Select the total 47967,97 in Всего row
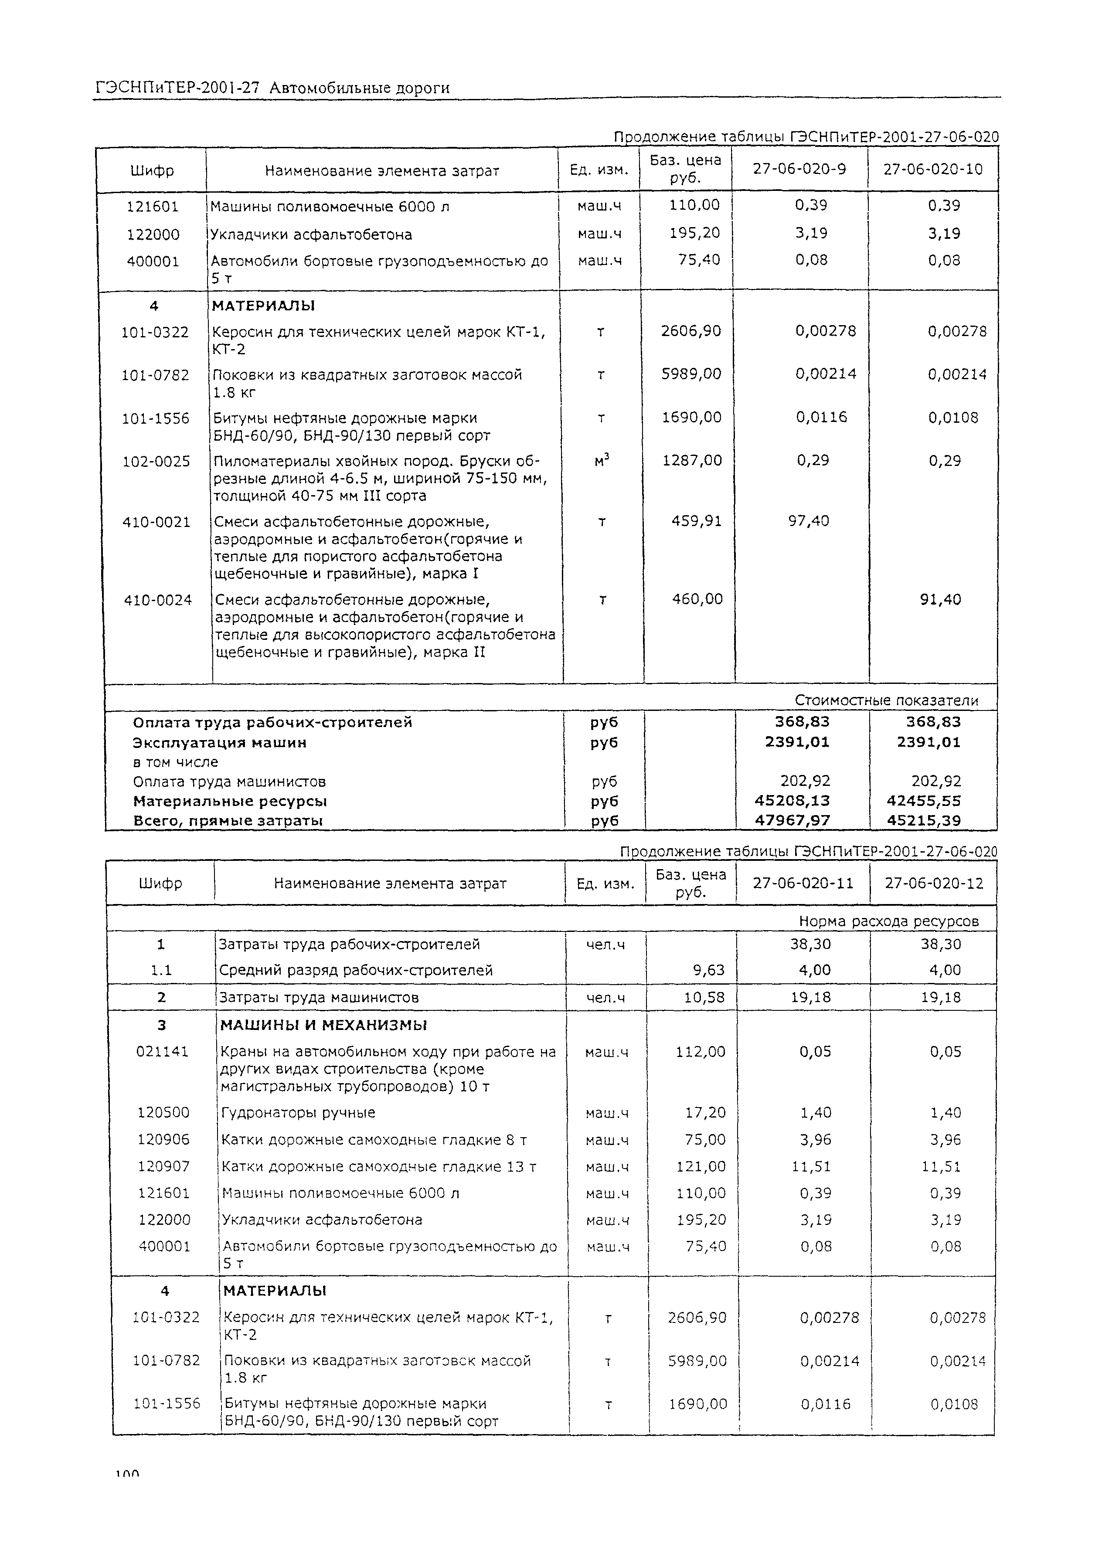(792, 820)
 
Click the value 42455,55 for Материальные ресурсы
(924, 801)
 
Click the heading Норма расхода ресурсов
(888, 921)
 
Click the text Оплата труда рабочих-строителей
(272, 722)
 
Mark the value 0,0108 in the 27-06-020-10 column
(953, 417)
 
